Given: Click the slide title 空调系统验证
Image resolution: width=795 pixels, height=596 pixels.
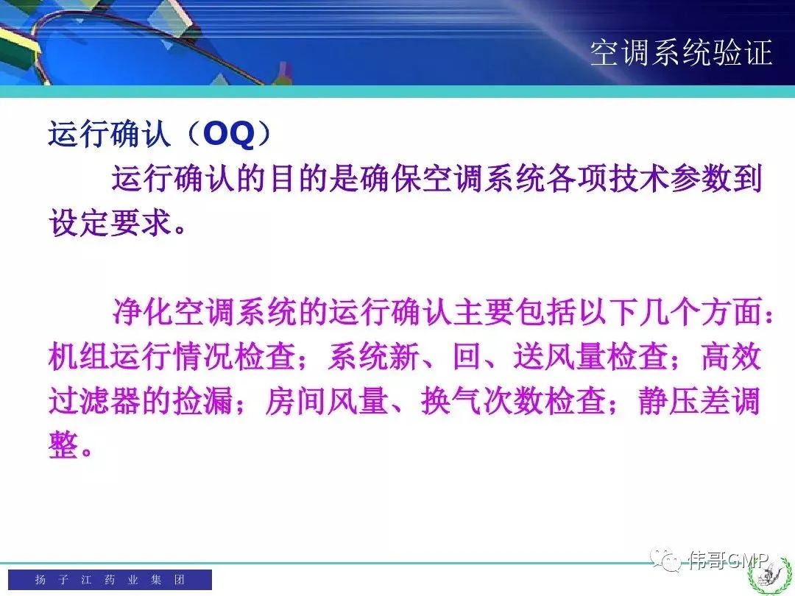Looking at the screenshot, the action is tap(681, 53).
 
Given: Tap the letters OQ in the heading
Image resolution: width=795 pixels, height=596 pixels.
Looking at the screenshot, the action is tap(229, 134).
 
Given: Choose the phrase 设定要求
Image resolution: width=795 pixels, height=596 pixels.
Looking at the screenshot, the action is tap(110, 222).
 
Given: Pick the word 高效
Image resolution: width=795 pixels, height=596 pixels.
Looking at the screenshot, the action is tap(731, 356).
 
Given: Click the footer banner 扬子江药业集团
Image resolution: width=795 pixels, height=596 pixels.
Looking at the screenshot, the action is tap(110, 580).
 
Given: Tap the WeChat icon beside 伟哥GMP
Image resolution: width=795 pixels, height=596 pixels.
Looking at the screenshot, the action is tap(666, 559).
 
